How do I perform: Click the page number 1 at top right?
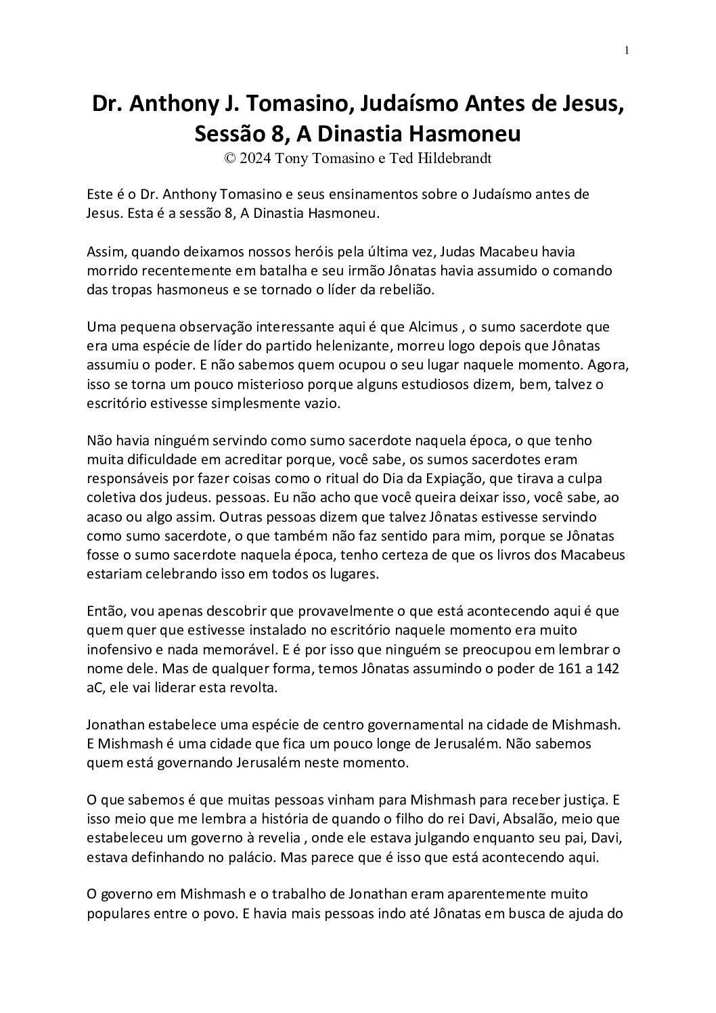[x=627, y=50]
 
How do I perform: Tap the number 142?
[x=606, y=668]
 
